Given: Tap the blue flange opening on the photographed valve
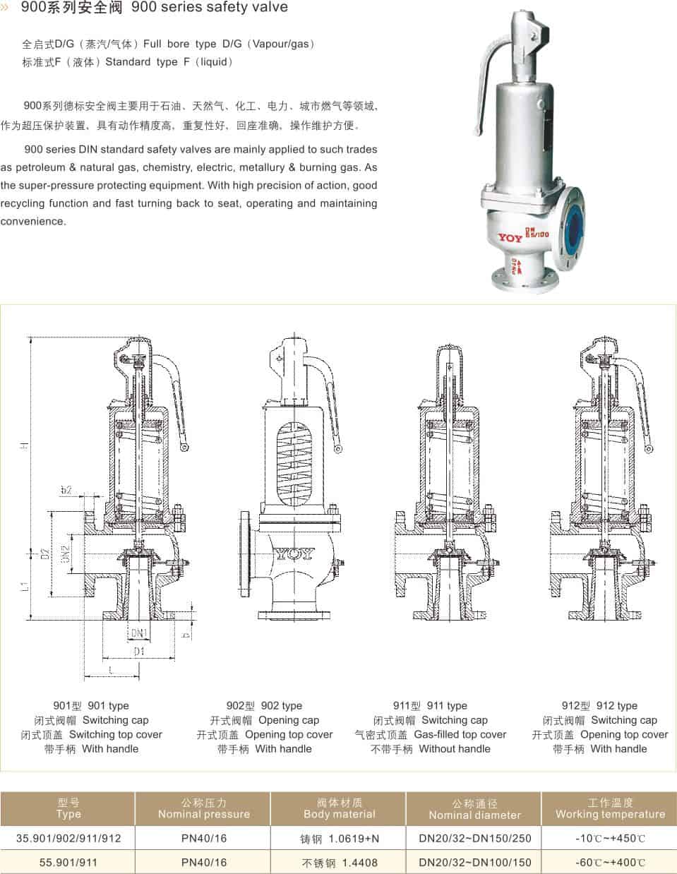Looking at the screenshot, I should (573, 227).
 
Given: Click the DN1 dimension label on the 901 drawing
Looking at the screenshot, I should (138, 632).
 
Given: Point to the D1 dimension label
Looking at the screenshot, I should (138, 651).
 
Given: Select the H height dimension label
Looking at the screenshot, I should (25, 445).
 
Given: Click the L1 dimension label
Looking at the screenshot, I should (25, 585).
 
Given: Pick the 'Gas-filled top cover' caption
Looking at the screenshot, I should (460, 734).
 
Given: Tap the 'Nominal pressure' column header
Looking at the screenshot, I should (203, 814).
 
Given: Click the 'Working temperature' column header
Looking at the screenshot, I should (610, 814).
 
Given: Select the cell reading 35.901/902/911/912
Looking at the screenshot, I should (68, 838).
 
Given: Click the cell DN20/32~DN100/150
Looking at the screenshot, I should (474, 862).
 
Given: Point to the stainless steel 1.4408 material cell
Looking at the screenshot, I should (339, 863).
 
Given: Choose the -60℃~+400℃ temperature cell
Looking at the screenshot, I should (610, 862).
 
